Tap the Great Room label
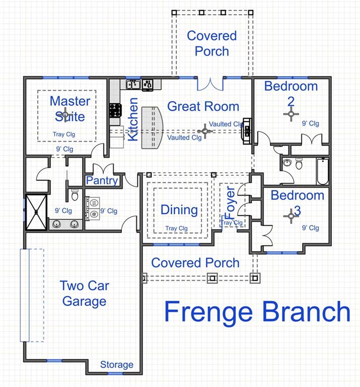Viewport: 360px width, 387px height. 203,106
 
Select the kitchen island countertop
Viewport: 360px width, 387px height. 152,127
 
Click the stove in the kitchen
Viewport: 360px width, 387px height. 116,110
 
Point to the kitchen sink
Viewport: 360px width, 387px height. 133,85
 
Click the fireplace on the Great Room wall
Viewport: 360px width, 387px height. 247,131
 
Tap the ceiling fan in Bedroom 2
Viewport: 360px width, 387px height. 291,114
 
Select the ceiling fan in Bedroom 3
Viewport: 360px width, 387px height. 291,216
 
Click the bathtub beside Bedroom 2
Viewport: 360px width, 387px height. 323,171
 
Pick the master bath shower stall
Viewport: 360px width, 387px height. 36,212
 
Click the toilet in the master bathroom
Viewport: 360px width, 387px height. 75,195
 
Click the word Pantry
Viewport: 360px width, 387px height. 102,181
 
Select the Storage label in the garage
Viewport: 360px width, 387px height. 117,364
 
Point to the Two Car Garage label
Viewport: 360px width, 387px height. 84,293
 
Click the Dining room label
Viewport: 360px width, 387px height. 179,210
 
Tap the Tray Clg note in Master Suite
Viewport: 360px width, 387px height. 64,135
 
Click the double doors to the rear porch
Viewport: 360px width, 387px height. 210,84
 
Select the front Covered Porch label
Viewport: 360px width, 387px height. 195,263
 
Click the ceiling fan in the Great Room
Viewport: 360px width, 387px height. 205,131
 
